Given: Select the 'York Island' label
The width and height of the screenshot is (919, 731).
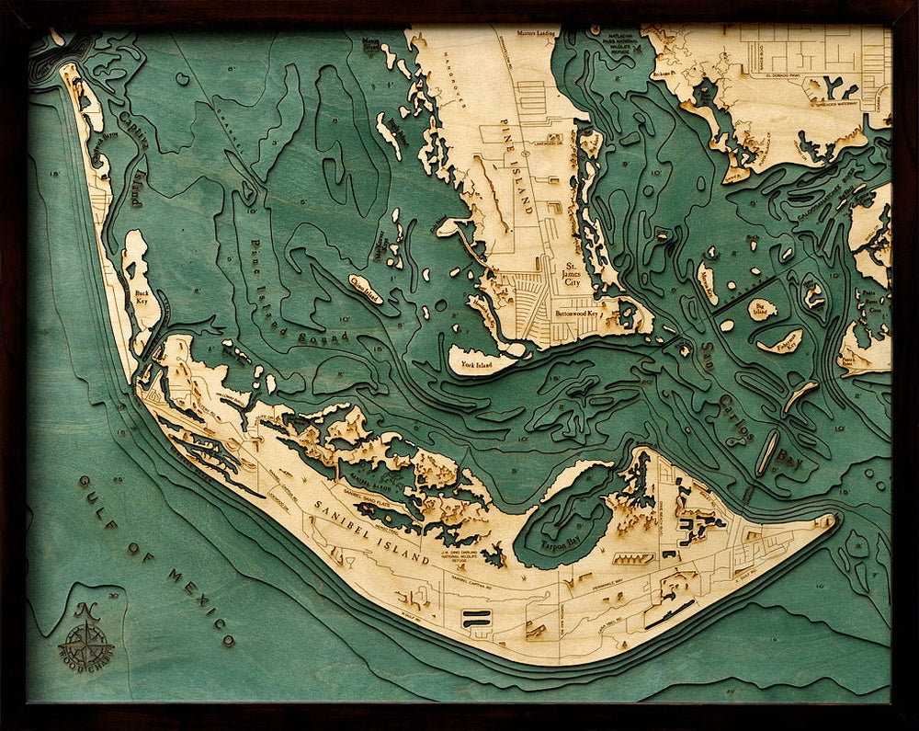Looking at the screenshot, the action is (471, 364).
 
